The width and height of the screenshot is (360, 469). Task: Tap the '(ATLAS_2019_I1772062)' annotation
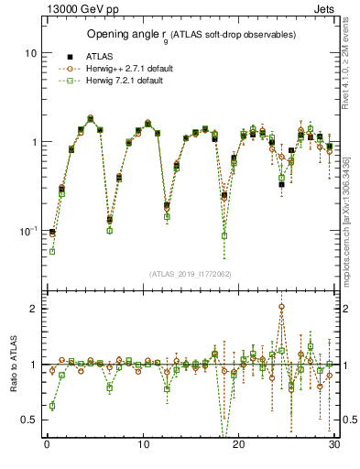pyautogui.click(x=191, y=274)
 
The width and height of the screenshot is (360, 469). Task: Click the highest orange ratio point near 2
pyautogui.click(x=281, y=307)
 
